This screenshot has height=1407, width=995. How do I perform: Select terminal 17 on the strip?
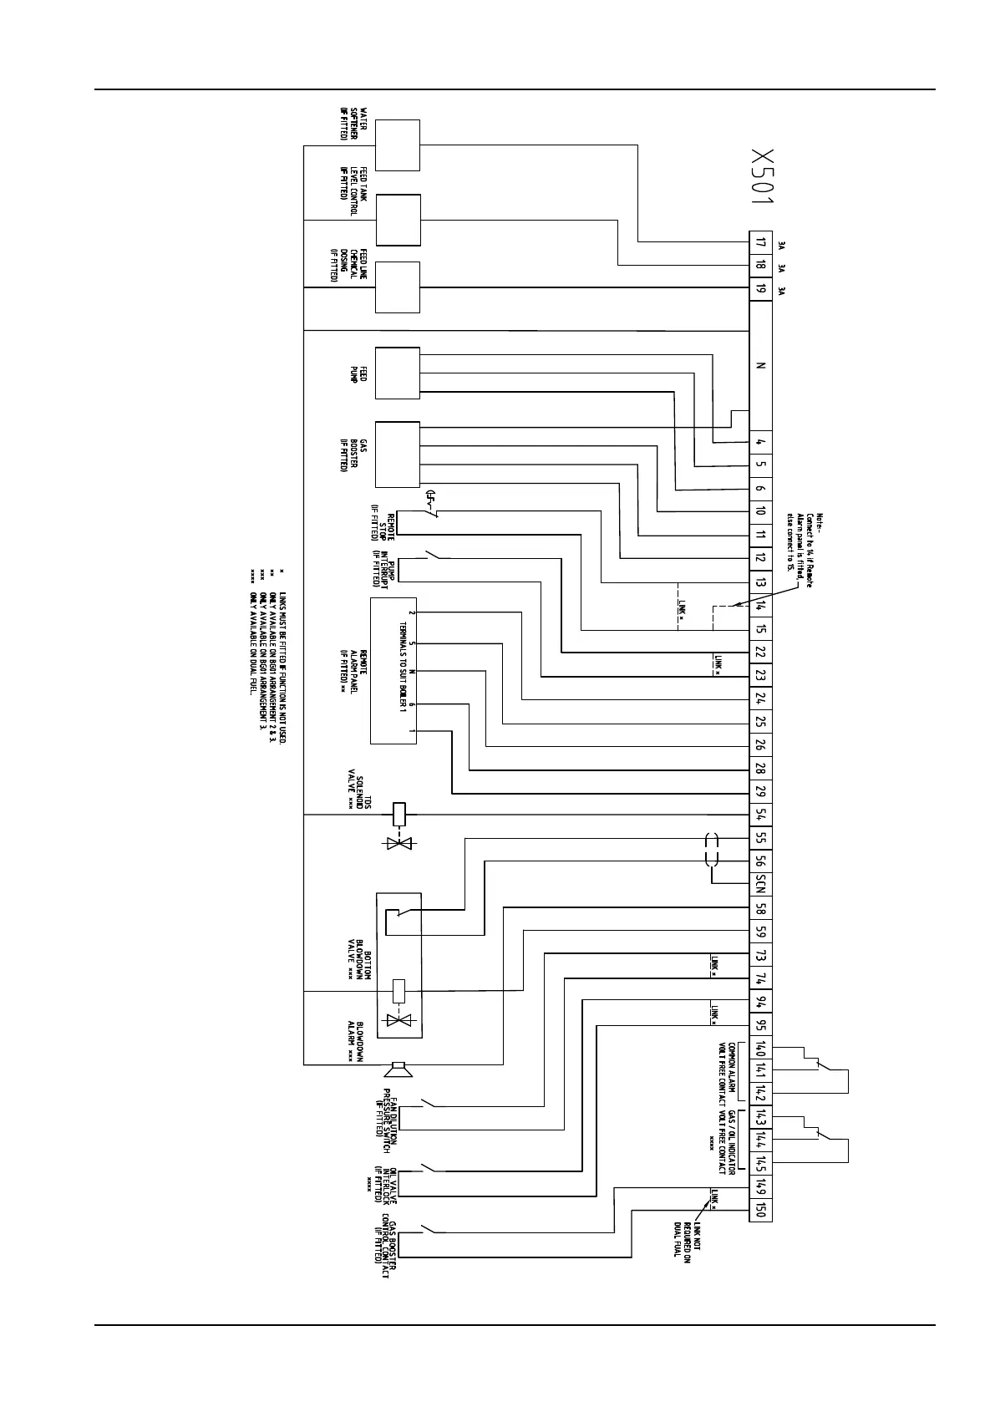pos(760,243)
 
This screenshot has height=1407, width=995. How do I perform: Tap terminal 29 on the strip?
pos(760,792)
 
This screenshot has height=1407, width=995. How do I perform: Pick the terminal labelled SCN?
pos(760,885)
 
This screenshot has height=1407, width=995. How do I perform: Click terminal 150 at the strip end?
pos(760,1210)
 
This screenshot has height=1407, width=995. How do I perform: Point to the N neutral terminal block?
pos(760,366)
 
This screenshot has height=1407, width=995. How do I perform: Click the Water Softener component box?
pos(398,145)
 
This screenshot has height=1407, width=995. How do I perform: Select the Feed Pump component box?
pos(398,373)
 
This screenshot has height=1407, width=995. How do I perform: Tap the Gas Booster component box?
pos(398,454)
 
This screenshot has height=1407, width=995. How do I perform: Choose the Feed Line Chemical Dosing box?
pos(398,287)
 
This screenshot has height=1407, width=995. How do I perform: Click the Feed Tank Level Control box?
pos(398,220)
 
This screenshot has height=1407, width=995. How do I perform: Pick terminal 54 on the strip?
pos(760,815)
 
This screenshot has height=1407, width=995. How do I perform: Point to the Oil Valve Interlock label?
pos(383,1181)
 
